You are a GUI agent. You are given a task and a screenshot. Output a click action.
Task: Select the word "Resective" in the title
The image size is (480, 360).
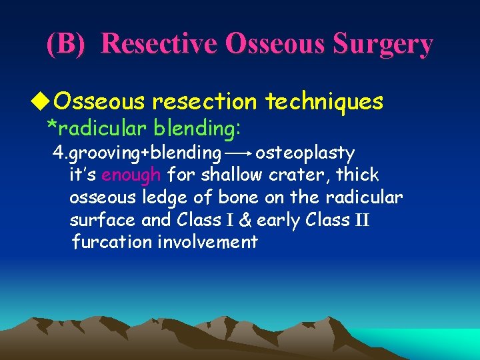[x=159, y=44]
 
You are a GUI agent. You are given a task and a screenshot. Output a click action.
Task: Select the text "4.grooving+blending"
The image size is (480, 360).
[x=137, y=153]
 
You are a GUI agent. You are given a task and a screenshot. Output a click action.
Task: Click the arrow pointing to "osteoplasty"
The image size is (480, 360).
[x=238, y=153]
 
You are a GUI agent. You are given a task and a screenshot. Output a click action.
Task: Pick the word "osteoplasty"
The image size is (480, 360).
[x=305, y=153]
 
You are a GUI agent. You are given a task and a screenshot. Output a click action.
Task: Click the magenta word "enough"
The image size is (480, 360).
[x=131, y=175]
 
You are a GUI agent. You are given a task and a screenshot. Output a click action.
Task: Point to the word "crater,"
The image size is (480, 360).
[x=298, y=175]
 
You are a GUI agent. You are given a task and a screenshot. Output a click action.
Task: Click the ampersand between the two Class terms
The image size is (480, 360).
[x=246, y=220]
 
